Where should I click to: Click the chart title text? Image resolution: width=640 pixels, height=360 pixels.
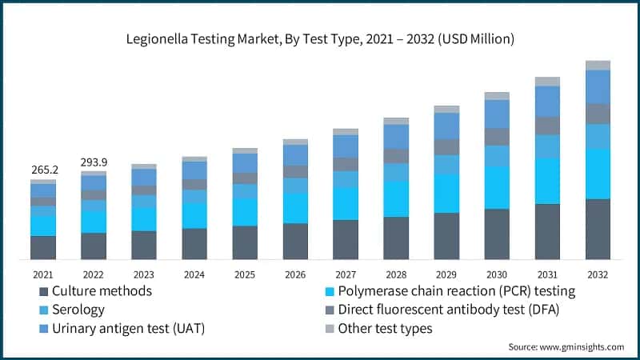pyautogui.click(x=319, y=38)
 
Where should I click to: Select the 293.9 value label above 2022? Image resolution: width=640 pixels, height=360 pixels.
pyautogui.click(x=94, y=162)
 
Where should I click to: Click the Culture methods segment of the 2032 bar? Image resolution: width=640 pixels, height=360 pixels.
pyautogui.click(x=598, y=229)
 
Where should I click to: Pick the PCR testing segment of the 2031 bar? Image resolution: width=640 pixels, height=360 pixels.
pyautogui.click(x=547, y=181)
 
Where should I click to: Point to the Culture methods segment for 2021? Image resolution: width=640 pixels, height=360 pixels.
pyautogui.click(x=43, y=247)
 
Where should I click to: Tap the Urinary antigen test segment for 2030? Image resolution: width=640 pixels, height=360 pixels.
pyautogui.click(x=497, y=114)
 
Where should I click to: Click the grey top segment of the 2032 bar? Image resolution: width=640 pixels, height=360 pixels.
pyautogui.click(x=598, y=65)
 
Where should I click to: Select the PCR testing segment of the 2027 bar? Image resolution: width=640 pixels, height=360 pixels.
pyautogui.click(x=346, y=203)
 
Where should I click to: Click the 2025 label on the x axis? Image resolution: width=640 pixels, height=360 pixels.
pyautogui.click(x=245, y=274)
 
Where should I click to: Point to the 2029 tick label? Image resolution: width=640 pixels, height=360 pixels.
pyautogui.click(x=446, y=274)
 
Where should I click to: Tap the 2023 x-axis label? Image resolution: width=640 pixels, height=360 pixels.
pyautogui.click(x=144, y=274)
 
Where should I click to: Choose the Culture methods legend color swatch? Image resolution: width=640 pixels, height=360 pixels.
pyautogui.click(x=43, y=291)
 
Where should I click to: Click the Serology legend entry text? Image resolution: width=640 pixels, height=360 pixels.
pyautogui.click(x=78, y=310)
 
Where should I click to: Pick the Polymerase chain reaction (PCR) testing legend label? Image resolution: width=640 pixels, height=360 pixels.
pyautogui.click(x=456, y=291)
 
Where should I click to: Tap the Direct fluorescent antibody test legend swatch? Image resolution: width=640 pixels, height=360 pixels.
pyautogui.click(x=330, y=310)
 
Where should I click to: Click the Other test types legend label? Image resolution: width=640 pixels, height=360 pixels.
pyautogui.click(x=385, y=328)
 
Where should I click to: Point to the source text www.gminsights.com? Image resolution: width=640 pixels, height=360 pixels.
pyautogui.click(x=566, y=346)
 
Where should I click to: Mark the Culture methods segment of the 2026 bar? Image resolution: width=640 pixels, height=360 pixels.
pyautogui.click(x=295, y=241)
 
